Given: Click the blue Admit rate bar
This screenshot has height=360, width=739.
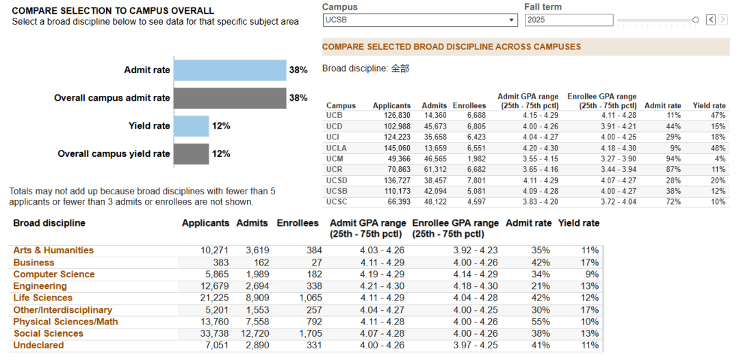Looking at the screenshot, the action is point(230,70).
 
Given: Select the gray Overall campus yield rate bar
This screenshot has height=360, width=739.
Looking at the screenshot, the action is point(192,154).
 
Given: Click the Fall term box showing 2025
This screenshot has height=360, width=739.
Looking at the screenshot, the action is point(569,20).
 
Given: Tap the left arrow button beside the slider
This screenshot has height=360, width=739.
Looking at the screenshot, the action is point(711,20).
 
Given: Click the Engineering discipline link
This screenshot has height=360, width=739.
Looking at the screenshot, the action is point(40,286).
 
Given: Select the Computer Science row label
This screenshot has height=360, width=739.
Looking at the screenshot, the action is point(54,274).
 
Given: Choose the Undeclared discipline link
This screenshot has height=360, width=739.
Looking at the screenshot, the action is point(38,346).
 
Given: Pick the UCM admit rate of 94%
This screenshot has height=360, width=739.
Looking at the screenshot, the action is point(673,158).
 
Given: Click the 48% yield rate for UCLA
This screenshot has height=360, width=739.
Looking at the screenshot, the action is point(718,147).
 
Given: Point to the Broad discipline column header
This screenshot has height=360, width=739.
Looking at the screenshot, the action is point(49,223).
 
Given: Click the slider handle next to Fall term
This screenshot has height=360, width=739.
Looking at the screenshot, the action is point(696,20).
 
